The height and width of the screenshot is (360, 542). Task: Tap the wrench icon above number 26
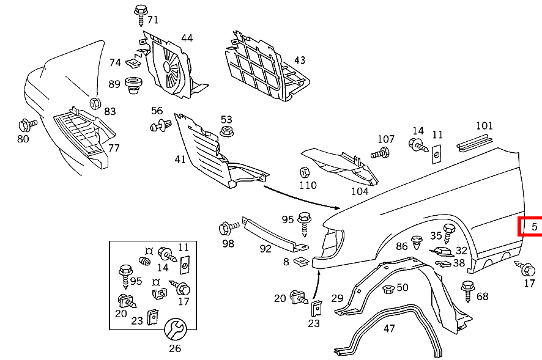click(175, 330)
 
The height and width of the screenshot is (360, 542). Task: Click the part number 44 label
click(187, 38)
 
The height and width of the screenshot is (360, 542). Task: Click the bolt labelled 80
click(27, 125)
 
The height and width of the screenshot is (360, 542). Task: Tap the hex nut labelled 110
click(304, 172)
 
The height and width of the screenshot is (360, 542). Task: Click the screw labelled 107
click(381, 153)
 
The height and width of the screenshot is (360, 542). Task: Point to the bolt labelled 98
click(228, 229)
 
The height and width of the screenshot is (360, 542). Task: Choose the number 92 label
click(265, 249)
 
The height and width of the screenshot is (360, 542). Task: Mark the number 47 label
click(389, 328)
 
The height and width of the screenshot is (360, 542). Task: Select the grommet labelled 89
click(133, 85)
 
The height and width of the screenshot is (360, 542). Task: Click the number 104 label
click(360, 191)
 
